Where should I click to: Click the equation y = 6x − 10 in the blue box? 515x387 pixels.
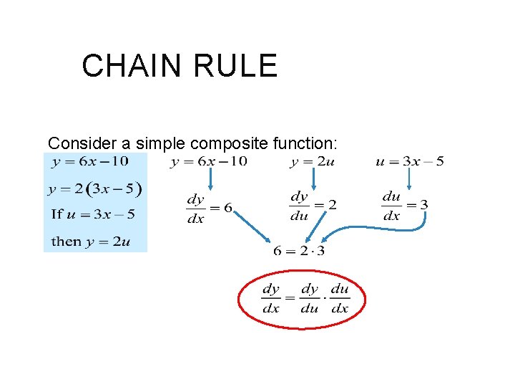coord(90,162)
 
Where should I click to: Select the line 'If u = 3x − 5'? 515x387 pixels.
coord(93,214)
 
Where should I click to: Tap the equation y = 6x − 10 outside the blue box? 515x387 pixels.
coord(209,162)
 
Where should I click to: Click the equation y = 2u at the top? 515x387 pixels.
coord(313,162)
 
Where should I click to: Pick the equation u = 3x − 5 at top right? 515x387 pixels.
coord(409,162)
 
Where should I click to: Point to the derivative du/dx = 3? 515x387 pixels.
coord(405,206)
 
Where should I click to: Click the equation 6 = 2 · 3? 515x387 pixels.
coord(299,251)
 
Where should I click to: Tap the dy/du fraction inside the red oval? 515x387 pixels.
coord(310,298)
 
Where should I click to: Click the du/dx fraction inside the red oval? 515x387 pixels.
coord(340,298)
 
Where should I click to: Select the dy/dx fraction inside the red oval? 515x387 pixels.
coord(271,298)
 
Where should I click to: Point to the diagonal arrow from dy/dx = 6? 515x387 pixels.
coord(250,226)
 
